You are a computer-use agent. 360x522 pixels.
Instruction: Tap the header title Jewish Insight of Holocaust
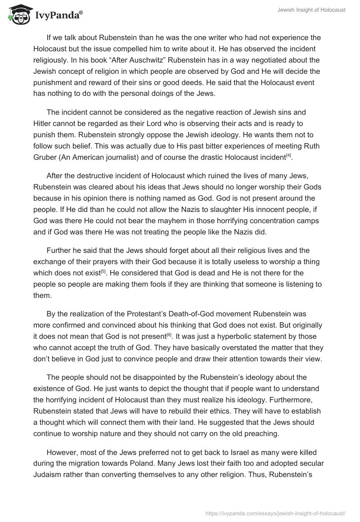311,10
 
